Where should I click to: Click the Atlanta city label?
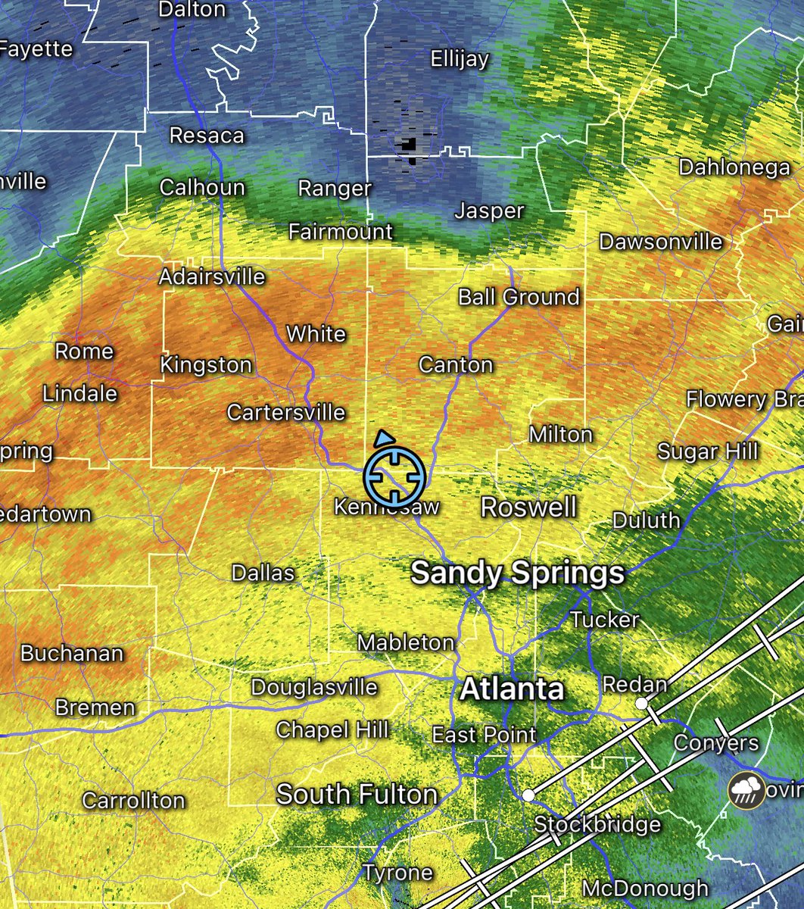click(x=512, y=689)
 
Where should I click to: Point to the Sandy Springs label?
click(x=517, y=573)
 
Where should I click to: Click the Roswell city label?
click(x=528, y=507)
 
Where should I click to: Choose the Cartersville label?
click(x=286, y=413)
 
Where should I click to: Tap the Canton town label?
click(x=456, y=365)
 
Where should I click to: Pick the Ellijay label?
click(x=460, y=59)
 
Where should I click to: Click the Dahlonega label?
click(x=734, y=167)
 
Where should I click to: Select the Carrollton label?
click(x=133, y=801)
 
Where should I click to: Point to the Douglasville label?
click(x=314, y=688)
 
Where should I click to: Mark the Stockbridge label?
click(x=597, y=824)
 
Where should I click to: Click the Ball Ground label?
click(x=519, y=297)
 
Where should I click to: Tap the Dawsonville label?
click(x=660, y=242)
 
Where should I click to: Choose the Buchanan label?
click(x=72, y=654)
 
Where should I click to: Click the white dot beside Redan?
click(x=641, y=704)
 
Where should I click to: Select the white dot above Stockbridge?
click(x=528, y=795)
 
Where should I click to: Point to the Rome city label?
click(x=84, y=351)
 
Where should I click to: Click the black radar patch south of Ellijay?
click(x=410, y=144)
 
